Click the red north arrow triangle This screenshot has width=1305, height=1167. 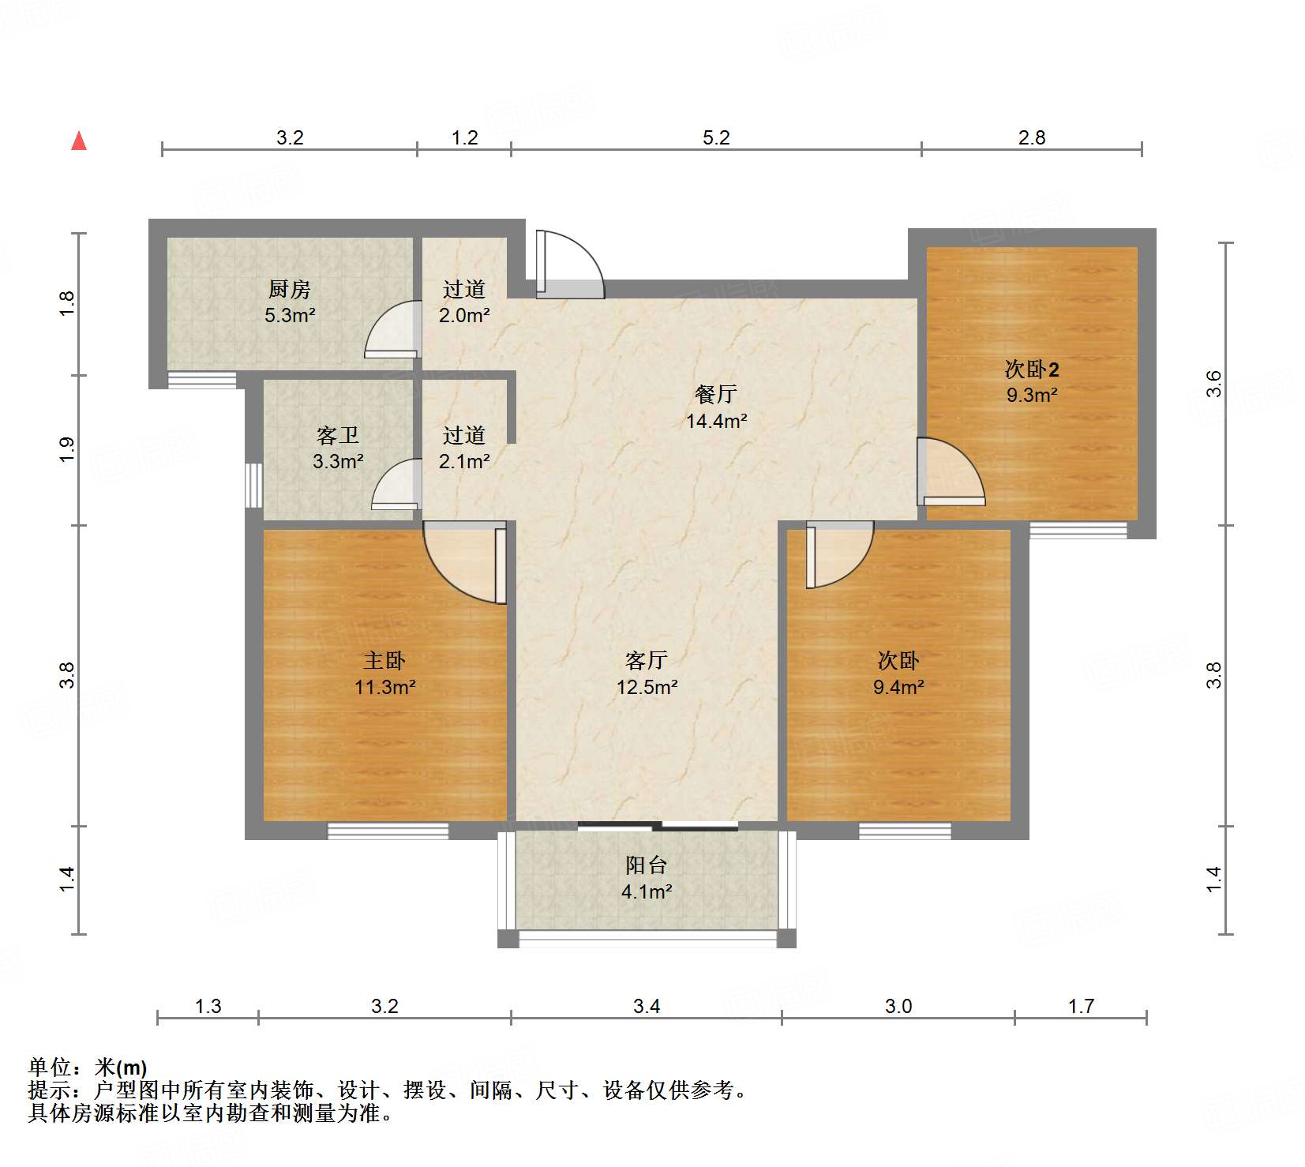coord(79,141)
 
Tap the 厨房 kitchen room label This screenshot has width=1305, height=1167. coord(290,290)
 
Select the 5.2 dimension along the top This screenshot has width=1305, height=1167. coord(716,138)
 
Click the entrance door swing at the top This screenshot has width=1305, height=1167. coord(568,265)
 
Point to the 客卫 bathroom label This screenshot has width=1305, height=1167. coord(338,435)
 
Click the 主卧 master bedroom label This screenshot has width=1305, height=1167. coord(384,660)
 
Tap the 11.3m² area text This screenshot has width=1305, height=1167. coord(384,688)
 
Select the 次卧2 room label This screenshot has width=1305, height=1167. coord(1032,369)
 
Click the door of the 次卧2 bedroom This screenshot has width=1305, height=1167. coord(951,472)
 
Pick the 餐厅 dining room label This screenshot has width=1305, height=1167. coord(716,394)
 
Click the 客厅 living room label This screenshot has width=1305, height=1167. coord(647,660)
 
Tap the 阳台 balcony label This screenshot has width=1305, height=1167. coord(647,865)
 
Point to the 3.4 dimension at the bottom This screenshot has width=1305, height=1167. coord(647,1006)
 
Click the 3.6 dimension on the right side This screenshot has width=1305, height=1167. coord(1214,384)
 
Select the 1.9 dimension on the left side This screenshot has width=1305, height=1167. coord(67,449)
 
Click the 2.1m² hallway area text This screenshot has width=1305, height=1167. coord(464,461)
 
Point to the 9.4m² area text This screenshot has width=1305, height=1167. coord(898,688)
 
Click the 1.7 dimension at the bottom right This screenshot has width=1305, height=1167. coord(1081,1006)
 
